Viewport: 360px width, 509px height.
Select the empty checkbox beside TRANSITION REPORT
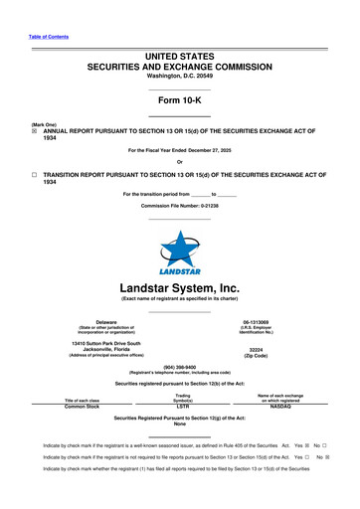pos(35,174)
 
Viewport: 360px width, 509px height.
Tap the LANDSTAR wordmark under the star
pos(180,269)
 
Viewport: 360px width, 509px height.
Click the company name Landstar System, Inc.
pos(180,290)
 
